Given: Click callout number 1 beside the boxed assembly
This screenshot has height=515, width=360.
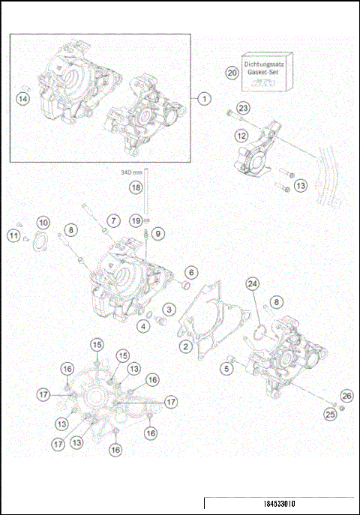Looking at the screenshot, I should (x=202, y=98).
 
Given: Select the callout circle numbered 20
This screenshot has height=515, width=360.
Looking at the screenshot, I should (x=232, y=73).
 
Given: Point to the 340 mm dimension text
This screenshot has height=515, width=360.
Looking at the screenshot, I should (x=131, y=172).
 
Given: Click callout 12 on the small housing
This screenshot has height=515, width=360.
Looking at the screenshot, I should (x=241, y=136).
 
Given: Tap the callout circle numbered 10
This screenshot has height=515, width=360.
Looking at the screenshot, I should (x=43, y=223).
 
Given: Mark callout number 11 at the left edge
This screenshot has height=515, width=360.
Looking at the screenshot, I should (x=14, y=236).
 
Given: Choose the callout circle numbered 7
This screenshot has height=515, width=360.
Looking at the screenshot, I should (x=113, y=220).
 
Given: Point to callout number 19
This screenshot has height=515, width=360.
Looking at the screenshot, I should (x=135, y=220).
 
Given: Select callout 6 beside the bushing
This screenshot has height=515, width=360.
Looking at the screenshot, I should (x=191, y=272).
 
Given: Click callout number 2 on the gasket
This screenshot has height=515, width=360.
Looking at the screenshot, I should (x=184, y=346).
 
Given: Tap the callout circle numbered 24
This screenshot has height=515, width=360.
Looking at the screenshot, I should (x=253, y=283).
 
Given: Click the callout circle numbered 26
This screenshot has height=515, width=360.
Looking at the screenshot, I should (x=346, y=395).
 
